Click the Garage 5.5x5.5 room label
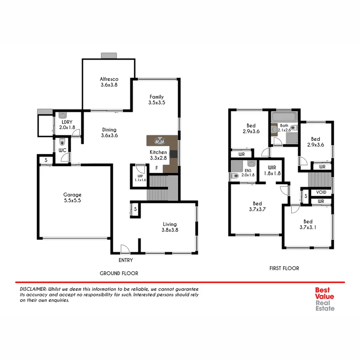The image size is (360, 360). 72,198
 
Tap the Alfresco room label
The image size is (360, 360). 109,82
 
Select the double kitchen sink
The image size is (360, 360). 159,141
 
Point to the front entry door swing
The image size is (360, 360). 125,249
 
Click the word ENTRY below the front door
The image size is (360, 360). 125,260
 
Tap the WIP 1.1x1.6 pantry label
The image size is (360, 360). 138,177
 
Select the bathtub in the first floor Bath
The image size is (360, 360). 284,117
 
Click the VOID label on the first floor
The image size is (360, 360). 321,193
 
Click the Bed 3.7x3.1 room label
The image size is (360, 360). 308,224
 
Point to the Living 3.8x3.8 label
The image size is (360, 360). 170,227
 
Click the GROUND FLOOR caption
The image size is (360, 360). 119,273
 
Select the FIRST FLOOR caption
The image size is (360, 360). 284,268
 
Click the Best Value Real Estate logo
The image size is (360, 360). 325,299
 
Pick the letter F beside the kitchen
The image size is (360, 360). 156,168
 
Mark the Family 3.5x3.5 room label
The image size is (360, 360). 156,100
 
